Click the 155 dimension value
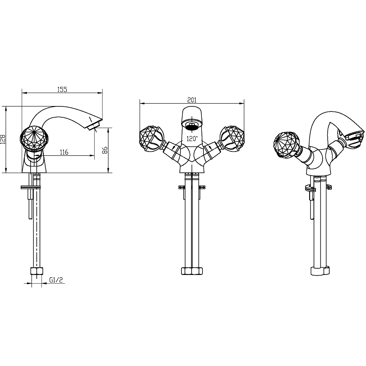pyautogui.click(x=62, y=90)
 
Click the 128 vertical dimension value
pyautogui.click(x=3, y=139)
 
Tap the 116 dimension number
pyautogui.click(x=64, y=152)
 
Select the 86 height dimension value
pyautogui.click(x=105, y=150)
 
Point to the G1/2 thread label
pyautogui.click(x=56, y=280)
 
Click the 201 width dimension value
pyautogui.click(x=192, y=100)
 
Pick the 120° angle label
pyautogui.click(x=192, y=139)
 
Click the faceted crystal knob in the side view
pyautogui.click(x=34, y=137)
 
